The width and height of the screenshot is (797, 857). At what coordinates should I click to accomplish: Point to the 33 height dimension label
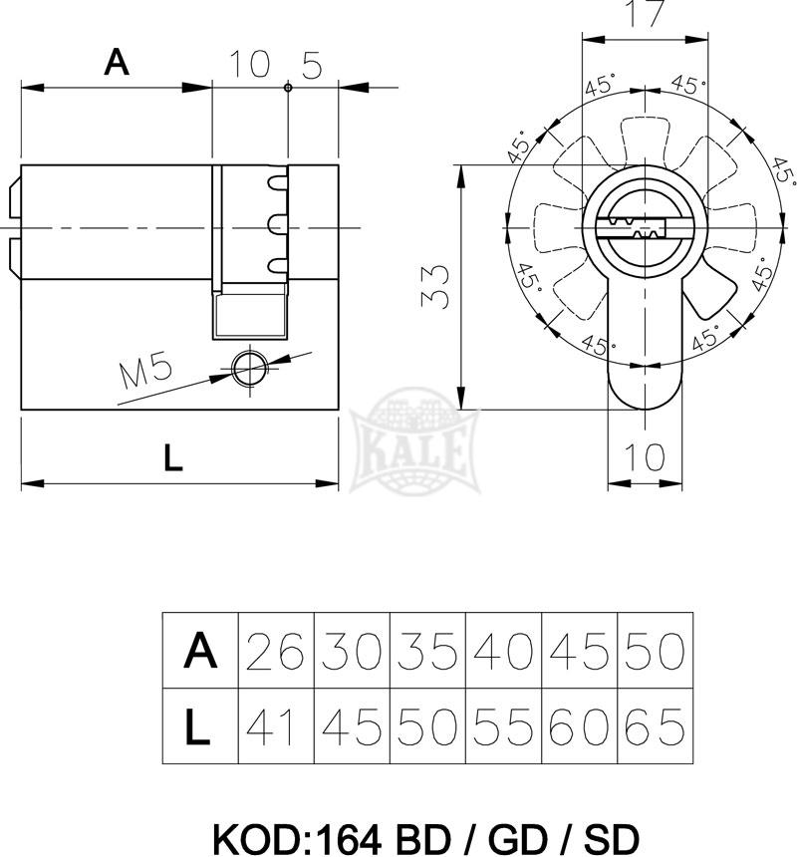[435, 286]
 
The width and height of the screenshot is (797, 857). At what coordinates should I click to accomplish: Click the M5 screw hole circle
[250, 369]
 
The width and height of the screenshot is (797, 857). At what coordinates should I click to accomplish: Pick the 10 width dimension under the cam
[645, 456]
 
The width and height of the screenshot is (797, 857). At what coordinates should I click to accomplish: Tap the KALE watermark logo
[414, 440]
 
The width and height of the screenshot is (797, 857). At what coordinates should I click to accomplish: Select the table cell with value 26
[276, 650]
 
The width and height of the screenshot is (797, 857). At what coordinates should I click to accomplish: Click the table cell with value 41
[276, 725]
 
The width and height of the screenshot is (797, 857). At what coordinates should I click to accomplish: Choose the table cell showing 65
[655, 725]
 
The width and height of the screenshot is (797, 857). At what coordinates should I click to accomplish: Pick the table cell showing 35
[427, 650]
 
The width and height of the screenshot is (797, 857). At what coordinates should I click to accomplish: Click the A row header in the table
[200, 650]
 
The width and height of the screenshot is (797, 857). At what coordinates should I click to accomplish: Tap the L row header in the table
[200, 725]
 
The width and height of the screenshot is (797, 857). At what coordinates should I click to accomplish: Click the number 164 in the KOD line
[349, 838]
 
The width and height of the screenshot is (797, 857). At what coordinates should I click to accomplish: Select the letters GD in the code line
[517, 838]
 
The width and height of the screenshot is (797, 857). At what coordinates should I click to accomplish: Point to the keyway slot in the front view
[632, 228]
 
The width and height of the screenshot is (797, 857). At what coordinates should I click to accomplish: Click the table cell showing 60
[579, 725]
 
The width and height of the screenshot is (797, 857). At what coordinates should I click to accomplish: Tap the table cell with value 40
[503, 650]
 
